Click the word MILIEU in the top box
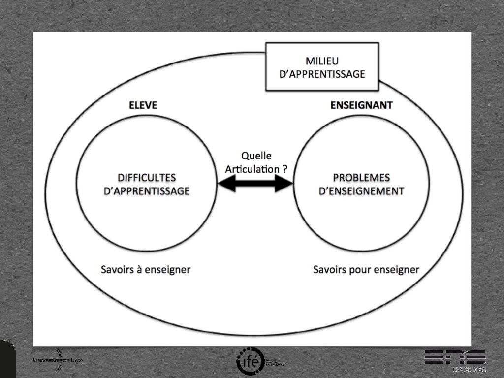(x=322, y=61)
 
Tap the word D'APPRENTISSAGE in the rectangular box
(x=322, y=74)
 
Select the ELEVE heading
(x=143, y=105)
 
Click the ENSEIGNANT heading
(x=362, y=105)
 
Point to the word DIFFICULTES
(x=147, y=178)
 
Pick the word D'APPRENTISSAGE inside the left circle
(x=147, y=191)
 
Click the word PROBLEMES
(x=361, y=178)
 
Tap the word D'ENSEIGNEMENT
(x=361, y=191)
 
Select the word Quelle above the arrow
(x=256, y=156)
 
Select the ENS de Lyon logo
(x=455, y=360)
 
